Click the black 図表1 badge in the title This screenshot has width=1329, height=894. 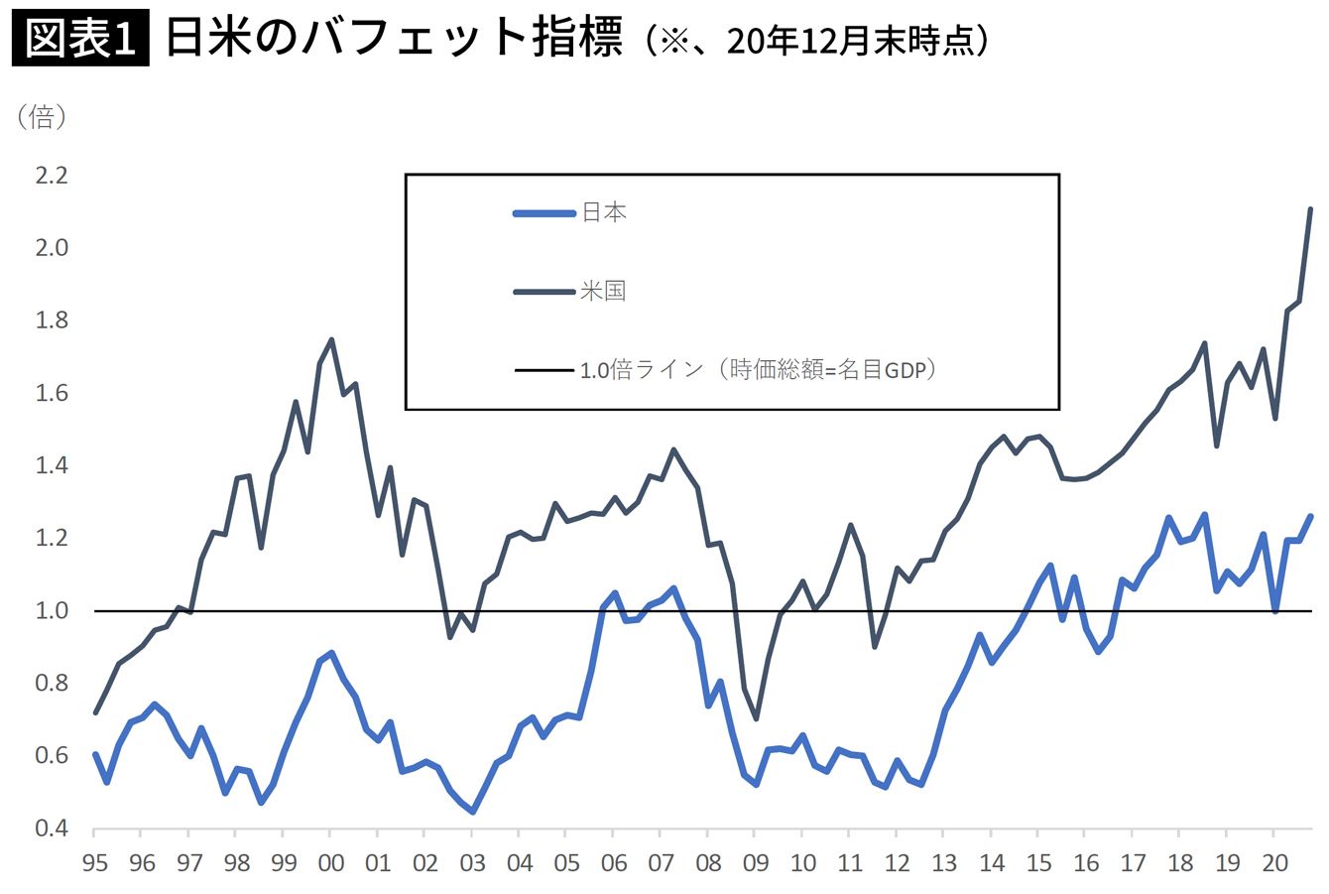[80, 39]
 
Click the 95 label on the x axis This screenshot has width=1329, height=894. [95, 862]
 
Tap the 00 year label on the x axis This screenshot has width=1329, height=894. [331, 862]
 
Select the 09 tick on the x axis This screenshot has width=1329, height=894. [756, 862]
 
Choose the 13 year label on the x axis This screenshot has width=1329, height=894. [944, 862]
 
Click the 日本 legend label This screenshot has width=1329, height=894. [603, 212]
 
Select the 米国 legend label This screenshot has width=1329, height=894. [603, 291]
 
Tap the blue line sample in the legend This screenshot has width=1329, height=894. [544, 212]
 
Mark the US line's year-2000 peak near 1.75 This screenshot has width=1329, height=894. [331, 339]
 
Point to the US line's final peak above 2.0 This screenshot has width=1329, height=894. [1310, 209]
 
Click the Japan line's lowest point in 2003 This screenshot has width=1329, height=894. [473, 812]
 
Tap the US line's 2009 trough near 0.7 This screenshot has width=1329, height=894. [756, 718]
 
